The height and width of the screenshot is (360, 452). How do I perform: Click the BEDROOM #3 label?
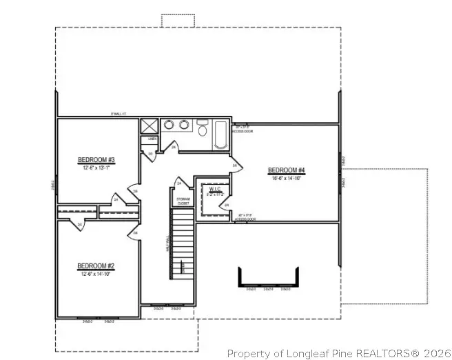pos(96,161)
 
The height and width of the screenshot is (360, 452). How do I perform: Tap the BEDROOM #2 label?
pos(95,266)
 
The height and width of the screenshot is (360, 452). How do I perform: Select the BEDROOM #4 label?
pos(286,170)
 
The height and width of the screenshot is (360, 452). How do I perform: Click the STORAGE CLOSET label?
pos(183,201)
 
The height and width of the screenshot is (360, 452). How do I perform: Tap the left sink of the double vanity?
pos(169,125)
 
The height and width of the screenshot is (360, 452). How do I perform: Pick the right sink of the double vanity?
pos(185,125)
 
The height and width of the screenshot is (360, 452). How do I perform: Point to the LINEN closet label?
pos(152,139)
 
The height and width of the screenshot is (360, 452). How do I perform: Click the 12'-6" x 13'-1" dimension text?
pos(96,168)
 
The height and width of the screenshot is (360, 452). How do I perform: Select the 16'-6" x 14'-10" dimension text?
pos(286,177)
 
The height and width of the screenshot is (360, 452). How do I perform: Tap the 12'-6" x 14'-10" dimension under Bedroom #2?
pos(95,273)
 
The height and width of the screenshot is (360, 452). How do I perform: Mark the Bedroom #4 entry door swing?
pos(236,166)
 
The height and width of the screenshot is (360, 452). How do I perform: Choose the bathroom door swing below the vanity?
pos(174,146)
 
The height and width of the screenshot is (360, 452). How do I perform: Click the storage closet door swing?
pos(178,183)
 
